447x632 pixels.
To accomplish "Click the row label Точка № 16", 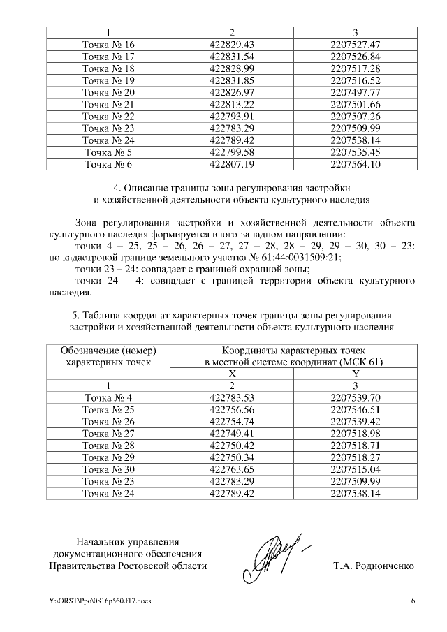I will pyautogui.click(x=108, y=45).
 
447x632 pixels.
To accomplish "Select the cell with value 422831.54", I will pyautogui.click(x=232, y=57).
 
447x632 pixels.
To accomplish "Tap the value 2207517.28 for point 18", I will pyautogui.click(x=355, y=68).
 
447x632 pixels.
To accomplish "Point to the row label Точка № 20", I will pyautogui.click(x=108, y=92).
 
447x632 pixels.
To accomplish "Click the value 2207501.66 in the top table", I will pyautogui.click(x=355, y=104).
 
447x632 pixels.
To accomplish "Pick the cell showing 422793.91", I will pyautogui.click(x=232, y=116).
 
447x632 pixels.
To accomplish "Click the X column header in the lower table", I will pyautogui.click(x=232, y=374).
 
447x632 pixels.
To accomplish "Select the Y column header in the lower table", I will pyautogui.click(x=355, y=374).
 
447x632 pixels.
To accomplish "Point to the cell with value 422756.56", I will pyautogui.click(x=232, y=410).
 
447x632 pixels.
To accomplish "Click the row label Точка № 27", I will pyautogui.click(x=108, y=434).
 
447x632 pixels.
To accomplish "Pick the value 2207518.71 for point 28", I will pyautogui.click(x=355, y=446).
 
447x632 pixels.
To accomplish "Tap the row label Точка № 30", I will pyautogui.click(x=108, y=469).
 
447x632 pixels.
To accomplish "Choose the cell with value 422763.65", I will pyautogui.click(x=232, y=469).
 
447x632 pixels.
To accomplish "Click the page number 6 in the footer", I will pyautogui.click(x=413, y=601).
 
